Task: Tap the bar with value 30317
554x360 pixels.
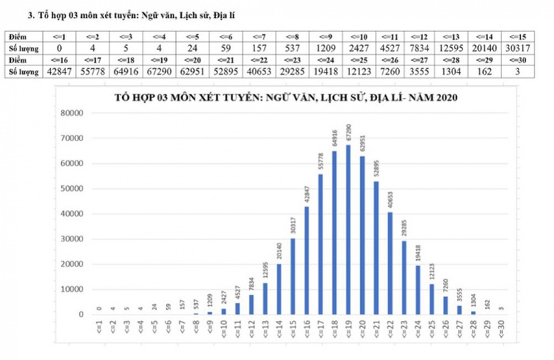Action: (293, 276)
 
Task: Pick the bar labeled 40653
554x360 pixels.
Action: (390, 263)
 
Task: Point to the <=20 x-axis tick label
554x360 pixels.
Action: (362, 332)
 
